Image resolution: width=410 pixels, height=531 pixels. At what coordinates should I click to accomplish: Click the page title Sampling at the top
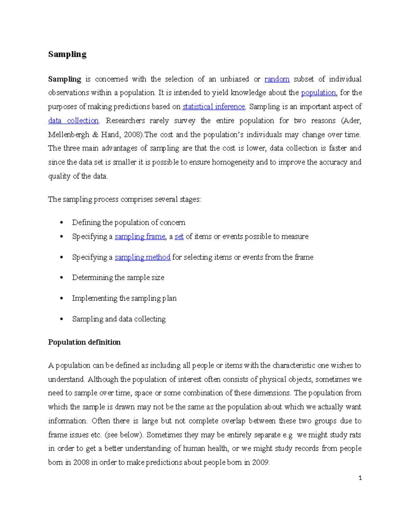tap(67, 54)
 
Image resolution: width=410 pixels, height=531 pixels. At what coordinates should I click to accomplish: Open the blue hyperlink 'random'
tap(277, 79)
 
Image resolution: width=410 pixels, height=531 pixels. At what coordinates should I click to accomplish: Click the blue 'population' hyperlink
tap(318, 93)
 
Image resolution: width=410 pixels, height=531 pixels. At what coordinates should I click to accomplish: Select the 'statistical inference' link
tap(214, 107)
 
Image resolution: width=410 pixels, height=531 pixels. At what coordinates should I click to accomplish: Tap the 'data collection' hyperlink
tap(73, 121)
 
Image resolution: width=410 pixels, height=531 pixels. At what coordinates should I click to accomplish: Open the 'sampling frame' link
tap(140, 237)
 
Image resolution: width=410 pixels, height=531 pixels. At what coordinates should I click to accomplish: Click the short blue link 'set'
tap(179, 237)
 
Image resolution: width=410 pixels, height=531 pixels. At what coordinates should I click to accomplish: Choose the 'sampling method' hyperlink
tap(142, 257)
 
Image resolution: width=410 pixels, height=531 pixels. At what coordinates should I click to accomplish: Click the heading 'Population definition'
tap(84, 342)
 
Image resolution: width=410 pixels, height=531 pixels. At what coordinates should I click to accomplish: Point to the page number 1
tap(360, 478)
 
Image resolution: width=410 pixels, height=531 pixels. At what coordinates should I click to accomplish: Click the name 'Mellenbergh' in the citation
tap(68, 135)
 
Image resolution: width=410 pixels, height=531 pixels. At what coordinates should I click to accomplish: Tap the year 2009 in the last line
tap(260, 463)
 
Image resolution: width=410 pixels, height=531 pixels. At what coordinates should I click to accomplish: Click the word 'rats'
tap(355, 435)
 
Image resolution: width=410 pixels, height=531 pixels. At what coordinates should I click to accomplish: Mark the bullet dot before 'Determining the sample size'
tap(61, 278)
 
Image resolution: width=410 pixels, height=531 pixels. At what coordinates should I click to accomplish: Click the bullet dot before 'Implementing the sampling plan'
tap(61, 298)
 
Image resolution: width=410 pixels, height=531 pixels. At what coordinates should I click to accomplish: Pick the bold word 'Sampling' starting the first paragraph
tap(64, 79)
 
